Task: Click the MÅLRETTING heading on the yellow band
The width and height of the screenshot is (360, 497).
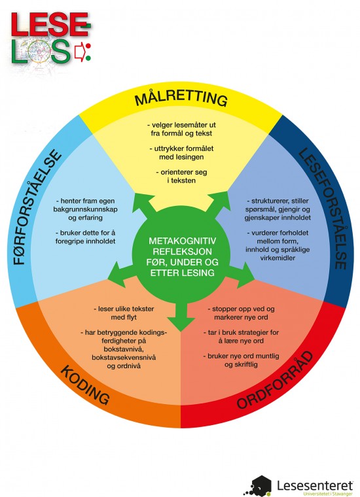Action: click(x=181, y=98)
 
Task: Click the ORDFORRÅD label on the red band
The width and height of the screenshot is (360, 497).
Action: click(x=275, y=380)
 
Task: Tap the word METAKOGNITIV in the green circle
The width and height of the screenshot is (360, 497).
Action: click(x=182, y=241)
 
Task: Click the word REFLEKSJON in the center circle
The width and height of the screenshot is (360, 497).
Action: click(x=182, y=252)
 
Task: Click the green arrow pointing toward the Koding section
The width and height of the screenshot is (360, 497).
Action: click(x=122, y=273)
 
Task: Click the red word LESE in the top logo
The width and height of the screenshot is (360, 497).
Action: click(x=50, y=24)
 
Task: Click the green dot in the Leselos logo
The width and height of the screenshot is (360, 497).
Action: click(x=88, y=58)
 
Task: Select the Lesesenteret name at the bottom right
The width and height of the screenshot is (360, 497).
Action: click(x=315, y=485)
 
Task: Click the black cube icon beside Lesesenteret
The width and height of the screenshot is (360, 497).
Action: click(x=259, y=486)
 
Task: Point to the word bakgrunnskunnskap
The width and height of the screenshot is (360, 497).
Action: click(x=85, y=209)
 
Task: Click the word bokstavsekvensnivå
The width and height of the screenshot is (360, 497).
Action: click(x=124, y=357)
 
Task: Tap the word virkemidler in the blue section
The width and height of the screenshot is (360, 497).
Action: click(x=278, y=258)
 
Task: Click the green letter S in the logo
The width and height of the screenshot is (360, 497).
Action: click(x=60, y=52)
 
